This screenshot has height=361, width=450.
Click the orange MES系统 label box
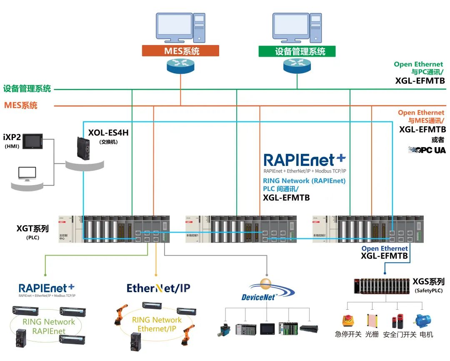180,51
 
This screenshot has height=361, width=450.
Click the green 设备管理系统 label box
297,51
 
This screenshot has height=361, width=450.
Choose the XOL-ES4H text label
108,133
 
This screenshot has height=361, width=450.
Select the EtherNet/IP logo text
159,288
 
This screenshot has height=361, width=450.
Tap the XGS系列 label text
428,282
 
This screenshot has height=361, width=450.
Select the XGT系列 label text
32,228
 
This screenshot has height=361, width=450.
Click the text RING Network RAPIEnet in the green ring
49,326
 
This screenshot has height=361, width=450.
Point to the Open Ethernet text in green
418,64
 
